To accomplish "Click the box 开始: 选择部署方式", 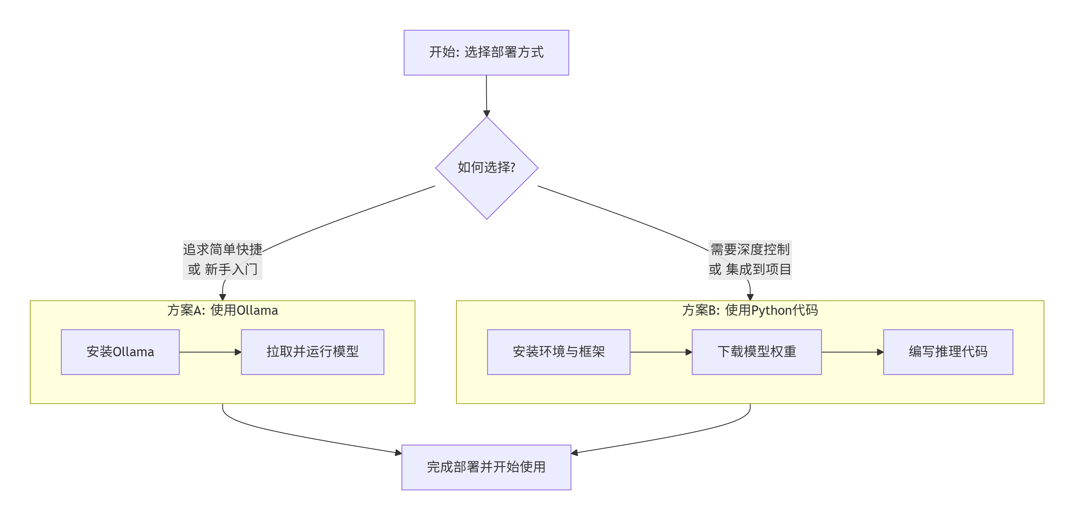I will pos(486,53).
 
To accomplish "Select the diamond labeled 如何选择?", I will pos(486,168).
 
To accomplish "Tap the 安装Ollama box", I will pos(120,352).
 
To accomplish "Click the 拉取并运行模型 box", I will pos(312,352).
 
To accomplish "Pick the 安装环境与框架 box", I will pos(558,352).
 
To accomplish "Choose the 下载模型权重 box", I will pos(756,352).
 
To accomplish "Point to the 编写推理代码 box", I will pos(948,352).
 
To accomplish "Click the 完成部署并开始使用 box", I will pos(486,467).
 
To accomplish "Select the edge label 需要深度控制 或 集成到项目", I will pos(750,259).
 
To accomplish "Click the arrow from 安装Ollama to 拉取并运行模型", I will pos(210,352).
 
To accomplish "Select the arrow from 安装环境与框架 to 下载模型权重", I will pos(661,352).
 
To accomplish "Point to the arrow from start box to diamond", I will pos(486,96).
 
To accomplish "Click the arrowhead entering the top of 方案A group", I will pos(223,297).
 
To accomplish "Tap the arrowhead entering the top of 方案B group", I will pos(750,297).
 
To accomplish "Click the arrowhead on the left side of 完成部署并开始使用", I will pos(398,453).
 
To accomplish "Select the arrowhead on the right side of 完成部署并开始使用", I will pos(575,453).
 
